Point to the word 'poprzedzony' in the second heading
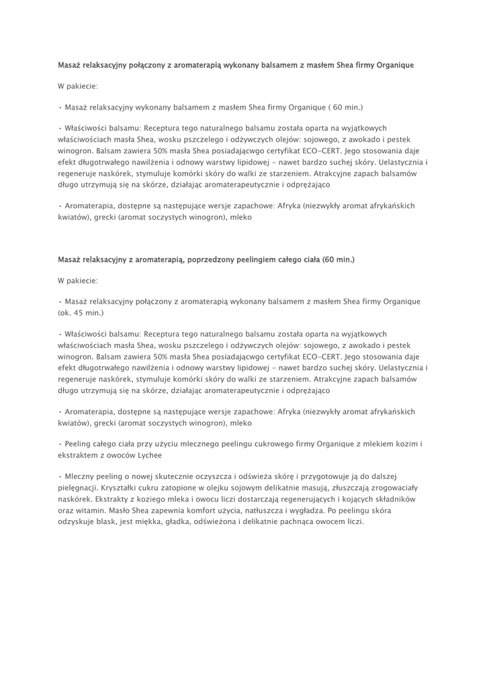click(x=223, y=259)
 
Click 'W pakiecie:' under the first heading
click(x=78, y=86)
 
